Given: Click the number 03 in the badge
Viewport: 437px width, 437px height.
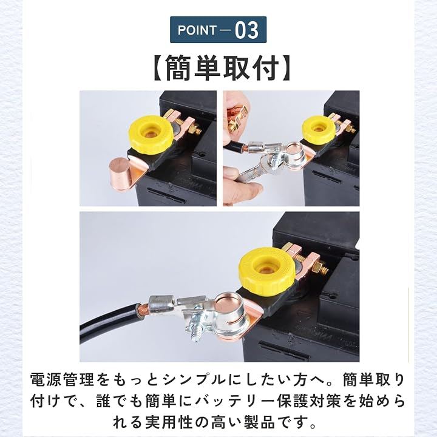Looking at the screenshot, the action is [246, 30].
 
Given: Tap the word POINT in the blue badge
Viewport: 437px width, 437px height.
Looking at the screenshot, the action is [197, 30].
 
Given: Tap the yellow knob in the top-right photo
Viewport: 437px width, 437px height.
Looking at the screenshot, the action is [318, 129].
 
